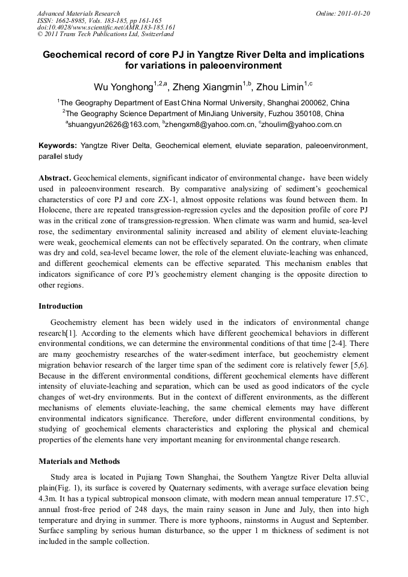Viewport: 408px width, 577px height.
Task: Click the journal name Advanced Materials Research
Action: tap(78, 13)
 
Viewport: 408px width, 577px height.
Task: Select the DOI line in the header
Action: tap(106, 28)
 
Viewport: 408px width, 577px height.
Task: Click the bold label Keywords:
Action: tap(58, 146)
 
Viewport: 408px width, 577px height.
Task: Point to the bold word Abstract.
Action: tap(55, 179)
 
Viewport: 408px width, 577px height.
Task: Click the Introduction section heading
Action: tap(61, 306)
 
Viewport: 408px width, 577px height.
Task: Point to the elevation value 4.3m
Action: tap(47, 499)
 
